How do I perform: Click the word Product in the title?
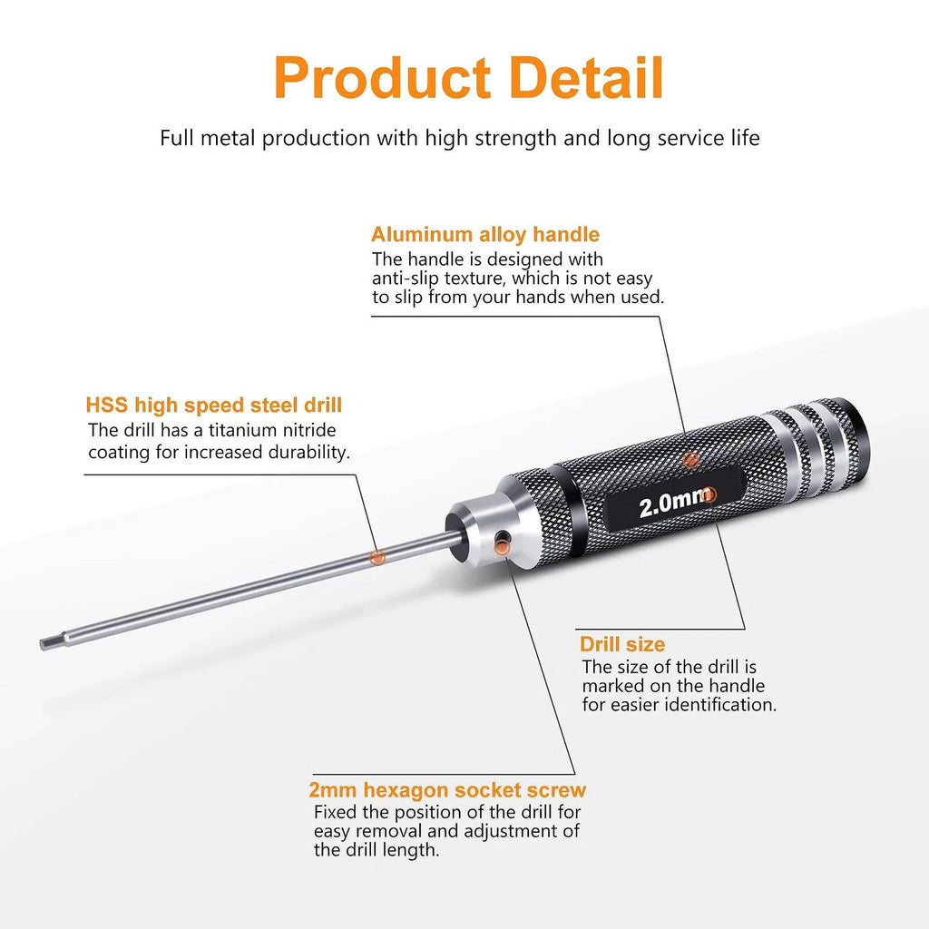tap(382, 78)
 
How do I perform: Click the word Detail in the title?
tap(586, 78)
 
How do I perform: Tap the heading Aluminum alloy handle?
tap(485, 235)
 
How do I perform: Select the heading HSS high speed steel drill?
tap(214, 406)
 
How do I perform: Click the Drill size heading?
tap(622, 644)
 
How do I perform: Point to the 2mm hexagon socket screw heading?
tap(447, 790)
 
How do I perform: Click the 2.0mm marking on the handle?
tap(674, 504)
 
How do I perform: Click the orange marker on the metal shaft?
tap(376, 557)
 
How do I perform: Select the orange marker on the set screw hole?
tap(502, 548)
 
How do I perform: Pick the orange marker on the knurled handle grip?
tap(690, 460)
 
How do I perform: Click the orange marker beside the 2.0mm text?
tap(709, 494)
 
